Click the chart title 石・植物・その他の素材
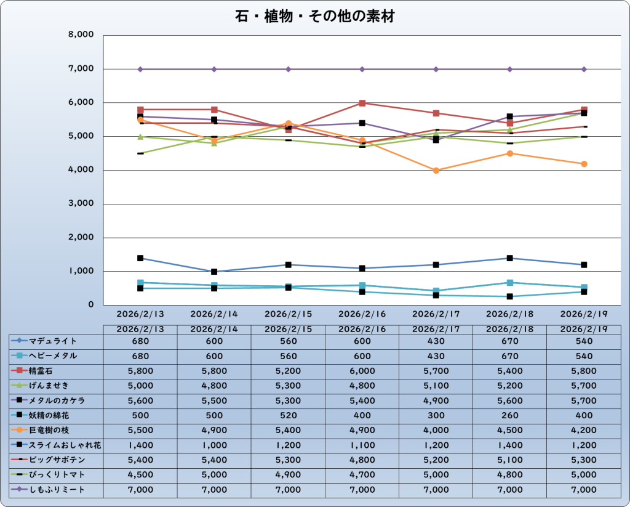[x=314, y=17]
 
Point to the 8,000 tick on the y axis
[x=81, y=35]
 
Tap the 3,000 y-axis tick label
[x=81, y=204]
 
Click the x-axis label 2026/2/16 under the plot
[x=362, y=313]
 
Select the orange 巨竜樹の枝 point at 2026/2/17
[x=436, y=171]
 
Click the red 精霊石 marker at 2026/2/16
[x=362, y=103]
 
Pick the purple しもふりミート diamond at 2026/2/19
[x=584, y=69]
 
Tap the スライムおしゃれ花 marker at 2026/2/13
[x=140, y=258]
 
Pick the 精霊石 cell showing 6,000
[x=362, y=371]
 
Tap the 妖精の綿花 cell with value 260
[x=509, y=415]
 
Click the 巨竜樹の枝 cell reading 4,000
[x=436, y=430]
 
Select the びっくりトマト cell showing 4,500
[x=140, y=474]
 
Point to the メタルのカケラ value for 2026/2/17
[x=436, y=400]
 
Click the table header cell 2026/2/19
[x=583, y=330]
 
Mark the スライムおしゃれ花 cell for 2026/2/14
[x=214, y=445]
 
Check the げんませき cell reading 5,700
[x=583, y=386]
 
